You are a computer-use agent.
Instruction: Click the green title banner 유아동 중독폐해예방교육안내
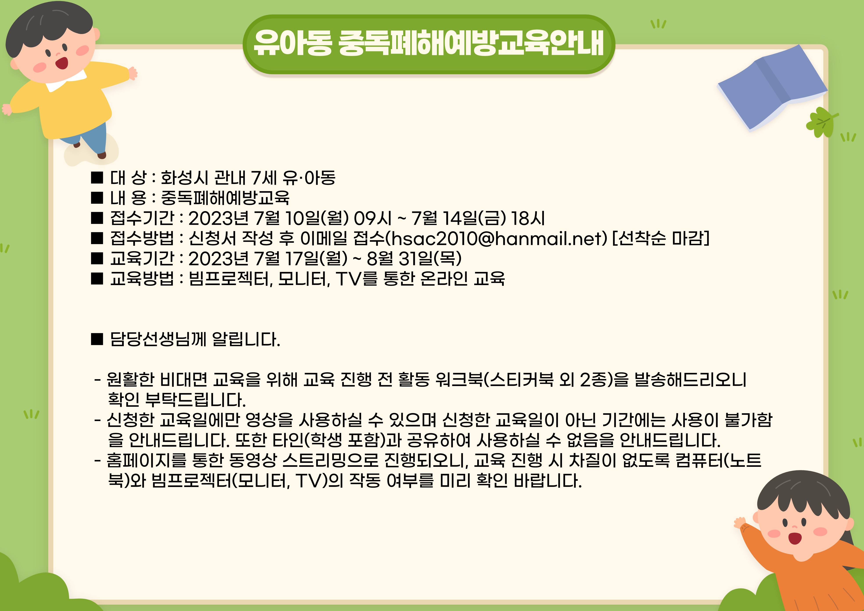429,44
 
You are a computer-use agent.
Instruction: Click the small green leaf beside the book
820,122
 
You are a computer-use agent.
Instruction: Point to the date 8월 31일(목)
414,258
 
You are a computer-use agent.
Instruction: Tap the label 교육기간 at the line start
142,258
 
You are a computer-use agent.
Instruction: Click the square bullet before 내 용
97,197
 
